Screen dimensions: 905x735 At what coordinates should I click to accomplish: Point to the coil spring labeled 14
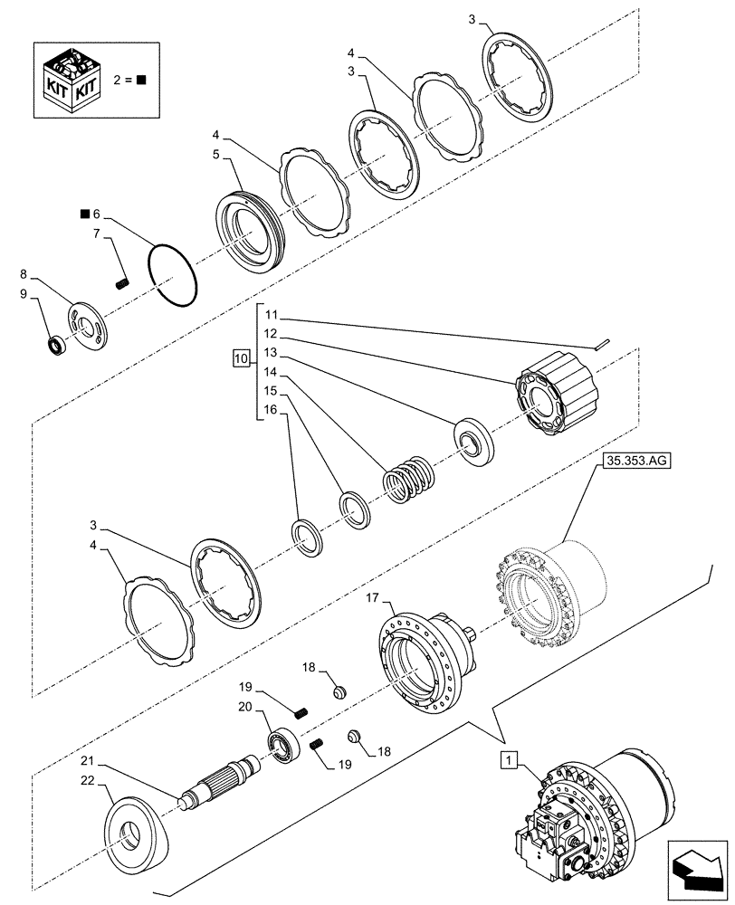409,478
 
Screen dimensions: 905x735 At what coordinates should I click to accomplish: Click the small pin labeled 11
604,343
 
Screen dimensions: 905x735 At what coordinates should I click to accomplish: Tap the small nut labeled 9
57,344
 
